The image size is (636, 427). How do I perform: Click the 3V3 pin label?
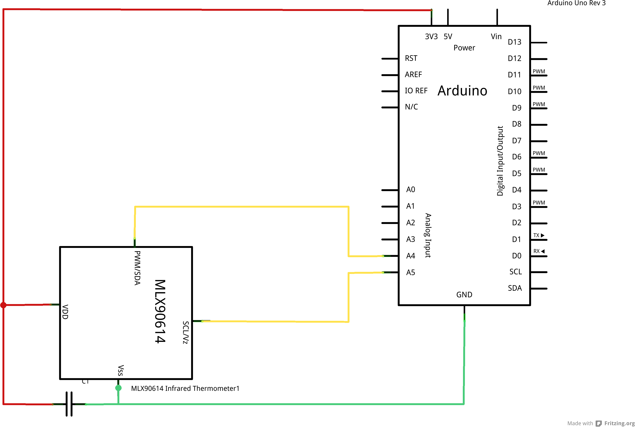point(431,37)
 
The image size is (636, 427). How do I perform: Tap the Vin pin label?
point(496,37)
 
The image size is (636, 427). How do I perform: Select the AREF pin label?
point(413,74)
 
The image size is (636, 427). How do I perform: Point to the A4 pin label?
point(410,256)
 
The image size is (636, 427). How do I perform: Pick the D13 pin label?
point(514,42)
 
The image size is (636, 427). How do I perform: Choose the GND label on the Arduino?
point(464,295)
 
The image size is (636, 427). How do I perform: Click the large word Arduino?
point(462,91)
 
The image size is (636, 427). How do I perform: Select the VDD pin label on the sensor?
point(65,312)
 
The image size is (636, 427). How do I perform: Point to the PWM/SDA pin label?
point(137,268)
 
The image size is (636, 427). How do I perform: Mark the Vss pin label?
point(121,370)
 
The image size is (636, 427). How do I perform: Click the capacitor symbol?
point(69,404)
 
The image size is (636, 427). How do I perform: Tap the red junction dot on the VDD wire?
point(3,305)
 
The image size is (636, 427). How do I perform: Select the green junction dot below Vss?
point(118,388)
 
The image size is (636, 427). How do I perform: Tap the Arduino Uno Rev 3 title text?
point(576,3)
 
